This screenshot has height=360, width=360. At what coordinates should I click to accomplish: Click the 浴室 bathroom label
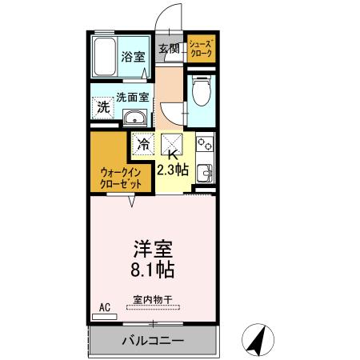pos(133,57)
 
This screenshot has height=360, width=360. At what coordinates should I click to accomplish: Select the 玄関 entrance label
pos(168,49)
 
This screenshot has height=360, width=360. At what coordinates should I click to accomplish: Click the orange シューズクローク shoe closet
pos(201,49)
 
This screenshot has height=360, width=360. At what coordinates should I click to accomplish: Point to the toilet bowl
pos(201,93)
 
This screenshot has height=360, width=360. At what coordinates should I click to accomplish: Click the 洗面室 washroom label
pos(133,98)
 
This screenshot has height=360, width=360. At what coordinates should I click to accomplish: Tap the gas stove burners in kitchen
pos(203,146)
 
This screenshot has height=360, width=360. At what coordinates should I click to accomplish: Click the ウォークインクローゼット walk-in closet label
pos(122,178)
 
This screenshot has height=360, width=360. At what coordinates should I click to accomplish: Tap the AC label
pos(104,307)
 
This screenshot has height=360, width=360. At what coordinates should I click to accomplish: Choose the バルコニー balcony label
pos(152,340)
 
